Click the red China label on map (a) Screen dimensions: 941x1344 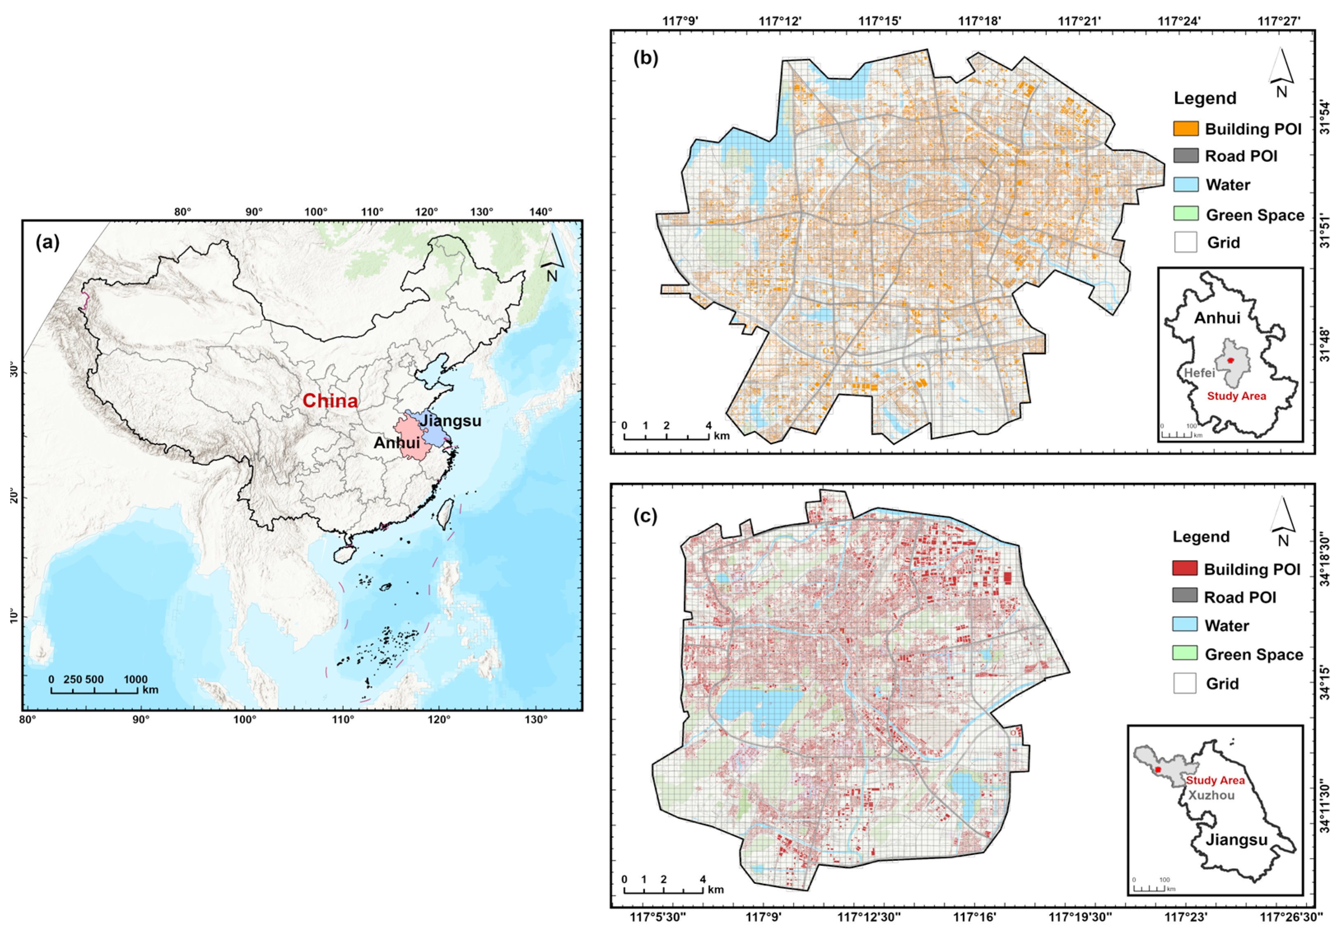pyautogui.click(x=330, y=401)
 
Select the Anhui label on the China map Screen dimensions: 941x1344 pyautogui.click(x=396, y=443)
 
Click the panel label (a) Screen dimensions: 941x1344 pyautogui.click(x=47, y=242)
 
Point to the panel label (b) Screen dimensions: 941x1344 pyautogui.click(x=646, y=58)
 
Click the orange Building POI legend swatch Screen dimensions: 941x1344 pyautogui.click(x=1186, y=129)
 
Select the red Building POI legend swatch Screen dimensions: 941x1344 pyautogui.click(x=1184, y=568)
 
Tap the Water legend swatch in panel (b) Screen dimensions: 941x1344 pyautogui.click(x=1186, y=185)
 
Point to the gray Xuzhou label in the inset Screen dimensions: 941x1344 pyautogui.click(x=1211, y=795)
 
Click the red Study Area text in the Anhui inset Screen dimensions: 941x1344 pyautogui.click(x=1236, y=396)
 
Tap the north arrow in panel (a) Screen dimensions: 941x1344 pyautogui.click(x=551, y=257)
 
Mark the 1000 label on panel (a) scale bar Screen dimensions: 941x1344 pyautogui.click(x=135, y=679)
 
